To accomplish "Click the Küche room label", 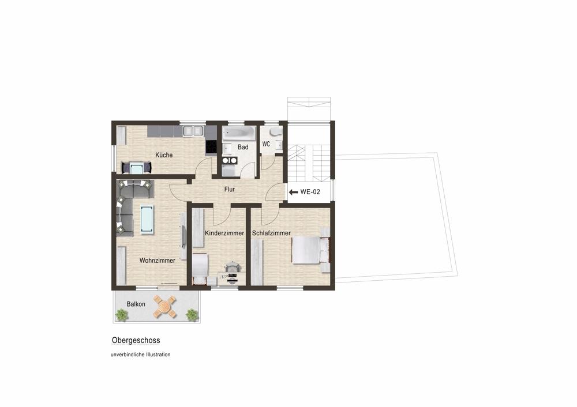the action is [164, 155].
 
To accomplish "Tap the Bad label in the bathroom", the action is [243, 147].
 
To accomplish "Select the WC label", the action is [266, 144].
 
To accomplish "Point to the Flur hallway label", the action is [229, 189].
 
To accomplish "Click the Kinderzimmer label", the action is [224, 233].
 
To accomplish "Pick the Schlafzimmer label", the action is [271, 233].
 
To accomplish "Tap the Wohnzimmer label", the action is [157, 261].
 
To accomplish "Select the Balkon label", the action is [136, 304].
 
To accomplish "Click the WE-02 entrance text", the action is [310, 192].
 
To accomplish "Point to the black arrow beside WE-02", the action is [293, 192].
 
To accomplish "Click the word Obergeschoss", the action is [136, 341].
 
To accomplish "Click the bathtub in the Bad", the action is [238, 133].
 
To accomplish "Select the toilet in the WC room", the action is [275, 132].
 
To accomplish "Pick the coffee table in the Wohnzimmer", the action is [147, 220].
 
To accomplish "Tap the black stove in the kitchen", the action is [211, 148].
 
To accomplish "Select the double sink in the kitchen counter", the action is [193, 131].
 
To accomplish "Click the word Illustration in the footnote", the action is [158, 355].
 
